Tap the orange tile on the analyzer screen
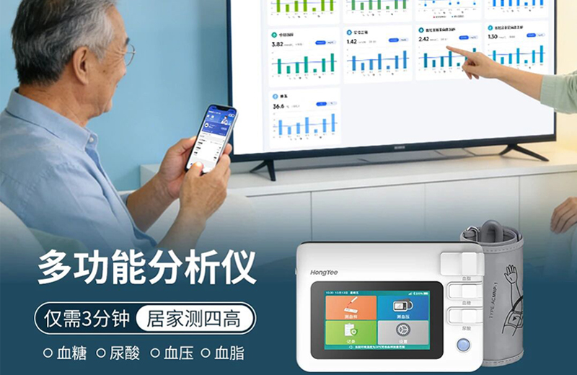[351, 307]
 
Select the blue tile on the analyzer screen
[403, 307]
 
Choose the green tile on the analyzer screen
[351, 333]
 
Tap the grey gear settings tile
[403, 333]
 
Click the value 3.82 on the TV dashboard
[278, 45]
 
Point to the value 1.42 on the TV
[352, 42]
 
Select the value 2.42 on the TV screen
[424, 40]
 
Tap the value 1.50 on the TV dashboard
[493, 36]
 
